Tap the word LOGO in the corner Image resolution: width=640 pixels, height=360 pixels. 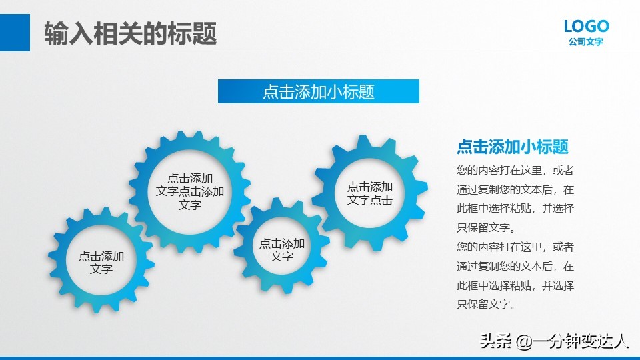pyautogui.click(x=586, y=27)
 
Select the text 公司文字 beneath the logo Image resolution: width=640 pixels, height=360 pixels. pyautogui.click(x=586, y=42)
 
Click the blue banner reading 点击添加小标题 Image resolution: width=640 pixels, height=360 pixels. pyautogui.click(x=318, y=92)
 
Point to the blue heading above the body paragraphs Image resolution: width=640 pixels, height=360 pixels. pyautogui.click(x=512, y=147)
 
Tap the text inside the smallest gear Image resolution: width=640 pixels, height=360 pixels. pyautogui.click(x=282, y=250)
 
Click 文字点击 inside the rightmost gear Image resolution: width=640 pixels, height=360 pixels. pyautogui.click(x=370, y=200)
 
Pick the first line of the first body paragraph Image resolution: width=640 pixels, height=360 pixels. pyautogui.click(x=515, y=171)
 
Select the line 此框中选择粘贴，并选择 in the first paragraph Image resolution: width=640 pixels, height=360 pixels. pyautogui.click(x=515, y=209)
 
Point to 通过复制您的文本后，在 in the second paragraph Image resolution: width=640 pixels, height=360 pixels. pyautogui.click(x=515, y=267)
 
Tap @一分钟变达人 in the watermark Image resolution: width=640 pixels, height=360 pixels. pyautogui.click(x=573, y=342)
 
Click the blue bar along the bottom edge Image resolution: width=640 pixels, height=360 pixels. pyautogui.click(x=320, y=358)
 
